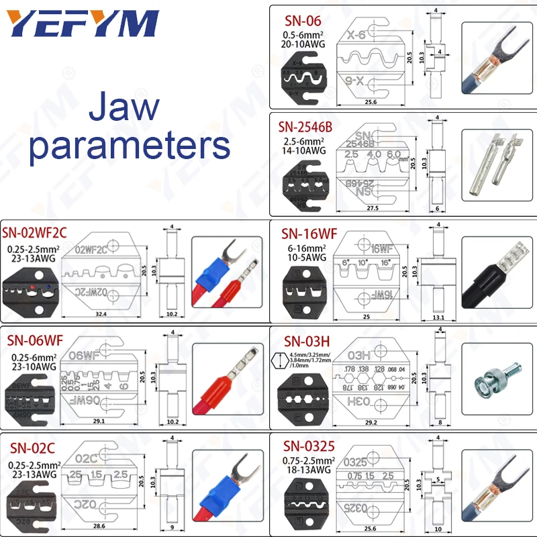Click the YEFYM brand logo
click(x=83, y=26)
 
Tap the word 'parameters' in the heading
click(x=129, y=144)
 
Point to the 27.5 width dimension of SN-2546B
click(x=373, y=208)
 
